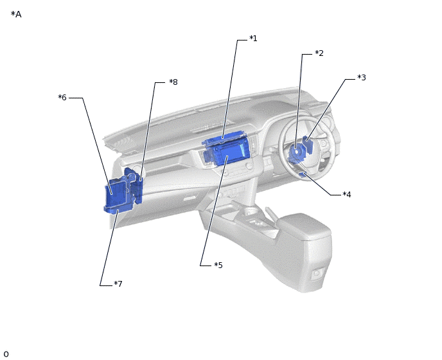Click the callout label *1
pyautogui.click(x=253, y=39)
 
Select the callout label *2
pyautogui.click(x=319, y=53)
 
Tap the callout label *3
pyautogui.click(x=362, y=77)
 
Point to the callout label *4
pyautogui.click(x=347, y=194)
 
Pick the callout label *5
pyautogui.click(x=218, y=265)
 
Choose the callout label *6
pyautogui.click(x=62, y=97)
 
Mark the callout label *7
pyautogui.click(x=118, y=283)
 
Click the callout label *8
pyautogui.click(x=173, y=82)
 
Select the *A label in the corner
pyautogui.click(x=16, y=14)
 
